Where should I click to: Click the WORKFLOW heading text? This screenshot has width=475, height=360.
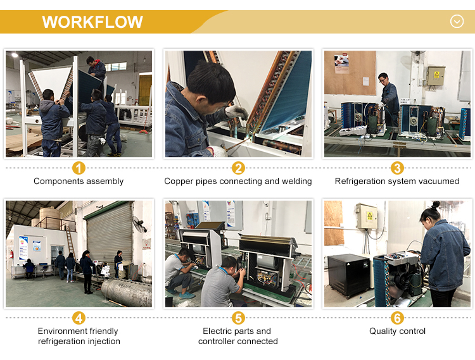pos(92,22)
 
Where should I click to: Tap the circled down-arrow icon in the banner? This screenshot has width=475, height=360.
pos(457,22)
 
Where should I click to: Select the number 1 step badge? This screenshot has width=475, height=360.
pos(79,168)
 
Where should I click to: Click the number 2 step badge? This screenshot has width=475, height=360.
pos(238,168)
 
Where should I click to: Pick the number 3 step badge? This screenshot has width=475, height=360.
pos(397,168)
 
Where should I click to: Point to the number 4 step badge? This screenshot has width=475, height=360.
pos(79,318)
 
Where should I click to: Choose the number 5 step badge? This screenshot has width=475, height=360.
pos(238,318)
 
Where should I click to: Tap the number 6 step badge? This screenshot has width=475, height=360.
pos(397,318)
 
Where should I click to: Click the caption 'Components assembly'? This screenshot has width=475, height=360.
pos(79,181)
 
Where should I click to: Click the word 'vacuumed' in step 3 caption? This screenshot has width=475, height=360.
pos(441,181)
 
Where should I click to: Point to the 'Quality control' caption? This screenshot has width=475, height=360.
pos(397,332)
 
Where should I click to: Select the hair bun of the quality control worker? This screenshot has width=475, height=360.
pos(436,205)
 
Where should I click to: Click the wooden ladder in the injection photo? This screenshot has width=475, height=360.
pos(71,243)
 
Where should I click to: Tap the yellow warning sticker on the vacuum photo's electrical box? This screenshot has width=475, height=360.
pos(436,75)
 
